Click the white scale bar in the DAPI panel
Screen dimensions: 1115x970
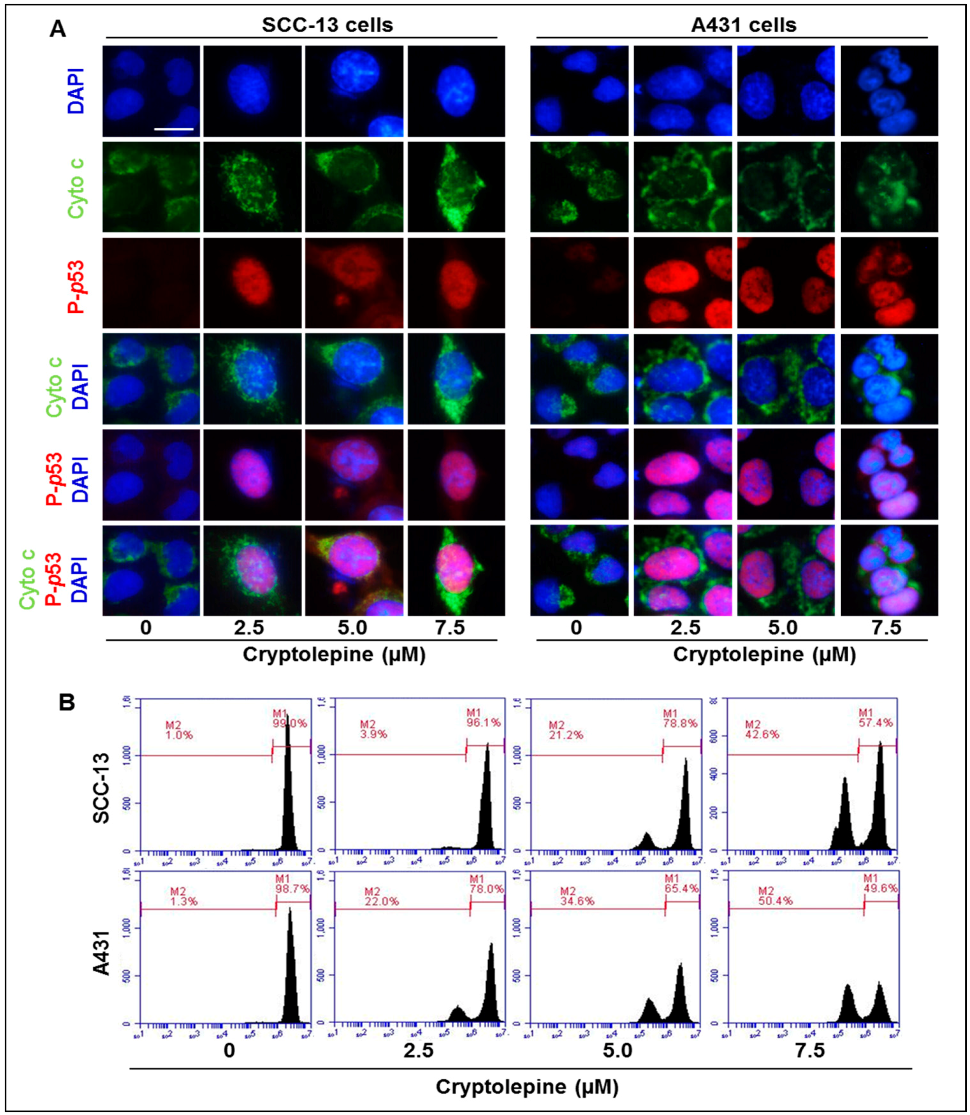pyautogui.click(x=174, y=129)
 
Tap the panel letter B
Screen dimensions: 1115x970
pyautogui.click(x=67, y=703)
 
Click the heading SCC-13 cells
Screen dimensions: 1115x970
pyautogui.click(x=328, y=25)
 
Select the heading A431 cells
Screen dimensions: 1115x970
pyautogui.click(x=744, y=25)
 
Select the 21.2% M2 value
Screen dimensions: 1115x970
pyautogui.click(x=566, y=735)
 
